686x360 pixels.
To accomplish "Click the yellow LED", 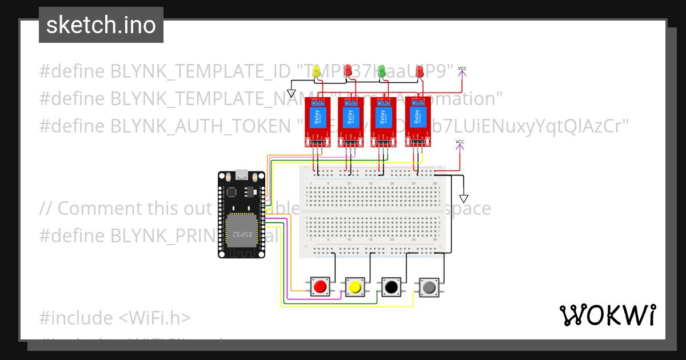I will click(316, 71).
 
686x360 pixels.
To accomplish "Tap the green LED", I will click(382, 71).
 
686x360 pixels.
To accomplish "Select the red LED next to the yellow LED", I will click(347, 71).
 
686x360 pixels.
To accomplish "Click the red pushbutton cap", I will click(321, 286).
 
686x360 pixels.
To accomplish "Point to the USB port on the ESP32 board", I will click(241, 174).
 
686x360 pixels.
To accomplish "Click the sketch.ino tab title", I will click(101, 25).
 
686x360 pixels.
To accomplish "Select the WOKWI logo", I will click(607, 315).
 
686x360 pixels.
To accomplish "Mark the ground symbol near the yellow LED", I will click(291, 93).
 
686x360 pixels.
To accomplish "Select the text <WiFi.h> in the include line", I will click(155, 318).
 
